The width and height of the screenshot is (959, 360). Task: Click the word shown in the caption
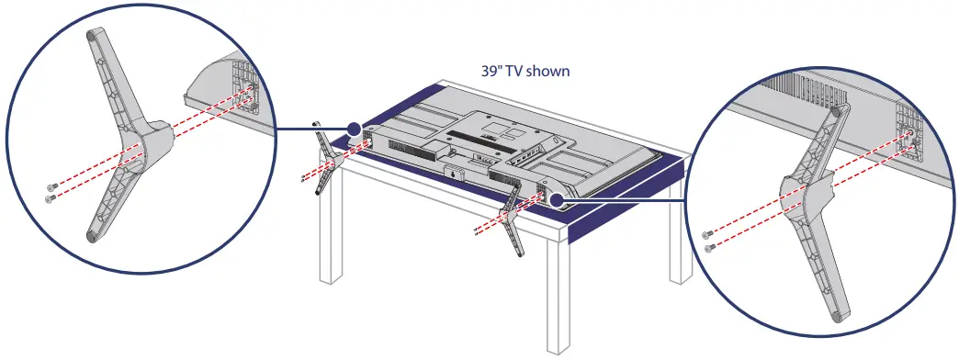(x=548, y=70)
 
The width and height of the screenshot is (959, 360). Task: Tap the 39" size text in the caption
(x=493, y=70)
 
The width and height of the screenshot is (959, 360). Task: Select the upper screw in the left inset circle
(x=54, y=186)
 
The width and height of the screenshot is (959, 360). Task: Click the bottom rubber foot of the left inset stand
(x=92, y=235)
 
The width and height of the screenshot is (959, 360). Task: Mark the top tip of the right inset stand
(x=835, y=110)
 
